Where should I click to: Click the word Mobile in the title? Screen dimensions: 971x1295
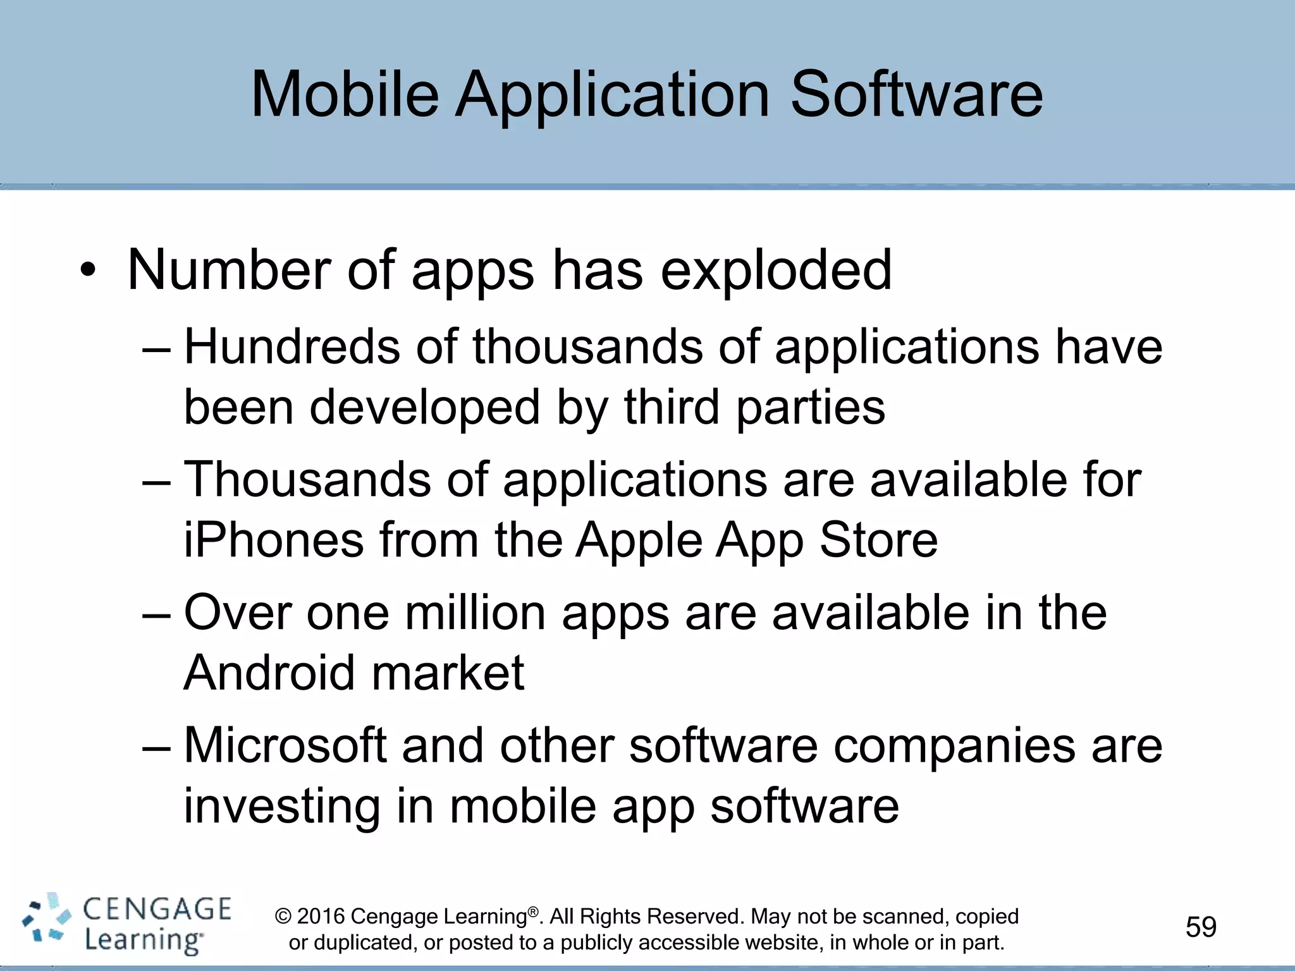[x=345, y=95]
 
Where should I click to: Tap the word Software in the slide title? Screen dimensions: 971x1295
[x=916, y=95]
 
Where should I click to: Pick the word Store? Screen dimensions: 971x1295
[x=879, y=540]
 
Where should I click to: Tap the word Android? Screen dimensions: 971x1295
[x=269, y=673]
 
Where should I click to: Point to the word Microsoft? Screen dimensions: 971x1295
[x=285, y=746]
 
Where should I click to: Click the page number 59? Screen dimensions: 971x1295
[x=1201, y=927]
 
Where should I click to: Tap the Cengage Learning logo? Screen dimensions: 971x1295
[x=127, y=924]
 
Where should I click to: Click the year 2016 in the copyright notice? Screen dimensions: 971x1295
[x=321, y=916]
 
